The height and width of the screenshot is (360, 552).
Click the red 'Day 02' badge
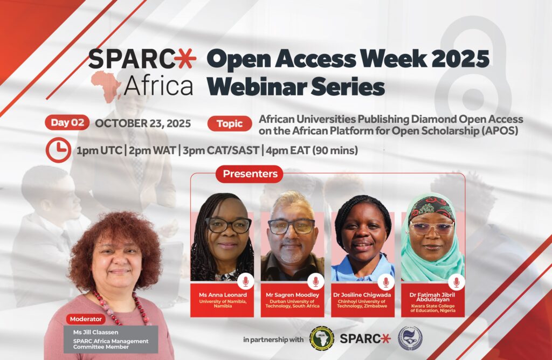[x=67, y=122]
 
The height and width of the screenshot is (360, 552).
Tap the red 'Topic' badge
[x=230, y=123]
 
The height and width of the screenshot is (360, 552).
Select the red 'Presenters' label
[x=250, y=174]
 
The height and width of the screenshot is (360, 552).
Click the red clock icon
[x=58, y=150]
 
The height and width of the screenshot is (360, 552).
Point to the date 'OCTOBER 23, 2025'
[x=143, y=123]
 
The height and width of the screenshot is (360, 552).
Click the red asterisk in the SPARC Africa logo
[x=186, y=58]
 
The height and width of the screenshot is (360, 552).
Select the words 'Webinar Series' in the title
[x=295, y=87]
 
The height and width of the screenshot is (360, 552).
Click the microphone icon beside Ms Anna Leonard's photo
[x=246, y=281]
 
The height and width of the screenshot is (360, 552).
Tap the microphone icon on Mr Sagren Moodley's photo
[x=316, y=281]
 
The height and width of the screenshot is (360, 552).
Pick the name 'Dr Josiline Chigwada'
[x=362, y=295]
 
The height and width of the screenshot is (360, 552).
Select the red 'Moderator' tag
[x=86, y=319]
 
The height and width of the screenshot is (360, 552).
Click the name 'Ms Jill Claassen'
[x=96, y=332]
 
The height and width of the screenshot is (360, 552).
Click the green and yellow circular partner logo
[x=321, y=338]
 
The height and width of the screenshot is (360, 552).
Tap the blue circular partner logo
[x=410, y=338]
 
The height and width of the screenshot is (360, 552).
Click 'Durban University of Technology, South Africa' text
[x=292, y=304]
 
